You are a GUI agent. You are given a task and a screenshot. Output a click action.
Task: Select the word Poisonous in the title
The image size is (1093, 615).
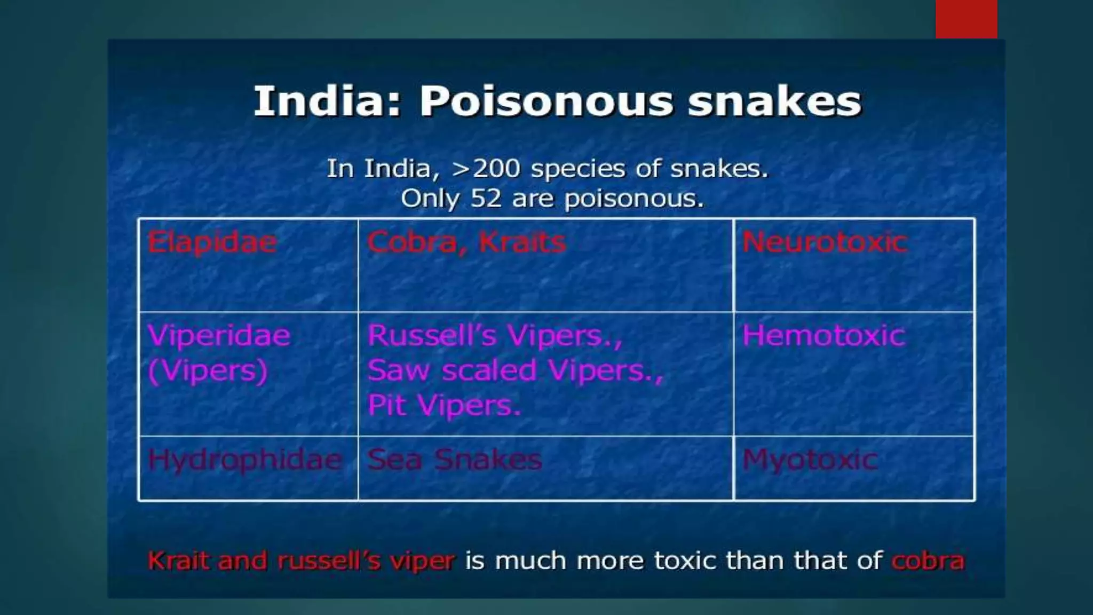click(x=546, y=101)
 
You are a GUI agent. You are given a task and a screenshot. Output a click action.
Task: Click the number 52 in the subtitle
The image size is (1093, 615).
click(x=486, y=199)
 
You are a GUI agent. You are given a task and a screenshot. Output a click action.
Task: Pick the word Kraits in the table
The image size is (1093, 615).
click(x=522, y=242)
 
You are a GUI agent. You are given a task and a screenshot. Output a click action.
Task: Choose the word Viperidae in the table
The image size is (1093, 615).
click(x=219, y=336)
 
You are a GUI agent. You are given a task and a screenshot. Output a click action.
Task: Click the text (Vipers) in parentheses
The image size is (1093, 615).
click(x=208, y=370)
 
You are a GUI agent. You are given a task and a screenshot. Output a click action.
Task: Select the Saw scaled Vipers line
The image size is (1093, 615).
click(x=515, y=370)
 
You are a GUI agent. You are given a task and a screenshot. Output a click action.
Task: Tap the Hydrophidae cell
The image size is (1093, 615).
click(x=245, y=460)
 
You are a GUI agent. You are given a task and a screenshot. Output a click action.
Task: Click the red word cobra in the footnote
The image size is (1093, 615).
click(x=928, y=561)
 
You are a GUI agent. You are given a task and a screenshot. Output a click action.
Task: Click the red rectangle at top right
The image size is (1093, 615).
click(x=966, y=19)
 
